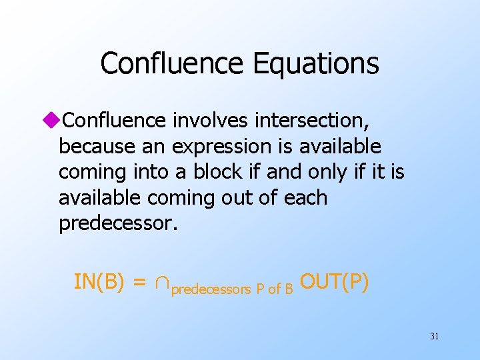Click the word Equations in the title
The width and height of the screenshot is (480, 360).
[x=316, y=64]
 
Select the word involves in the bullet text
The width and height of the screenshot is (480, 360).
[x=204, y=120]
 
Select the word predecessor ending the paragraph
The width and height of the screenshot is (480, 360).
[x=116, y=223]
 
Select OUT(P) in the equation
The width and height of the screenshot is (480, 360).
[x=334, y=282]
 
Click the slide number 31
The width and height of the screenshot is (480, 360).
[x=434, y=336]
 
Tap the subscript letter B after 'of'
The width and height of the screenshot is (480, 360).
[x=289, y=289]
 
